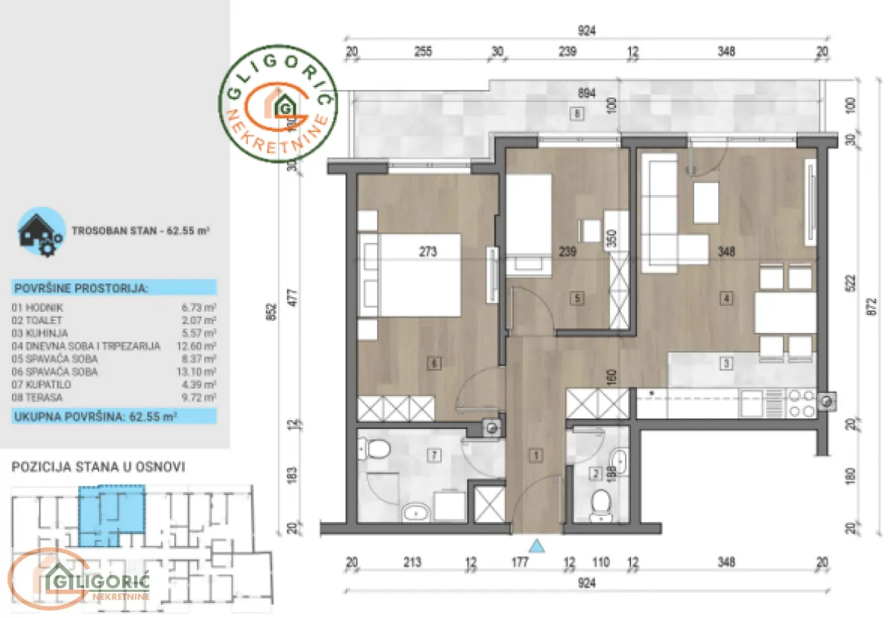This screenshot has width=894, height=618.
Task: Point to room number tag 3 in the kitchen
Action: (726, 363)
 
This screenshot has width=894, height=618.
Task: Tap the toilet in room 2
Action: (598, 506)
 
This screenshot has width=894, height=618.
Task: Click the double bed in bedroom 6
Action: (410, 274)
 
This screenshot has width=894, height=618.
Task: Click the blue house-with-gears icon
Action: (39, 232)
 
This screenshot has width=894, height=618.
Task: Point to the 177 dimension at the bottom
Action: (519, 563)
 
